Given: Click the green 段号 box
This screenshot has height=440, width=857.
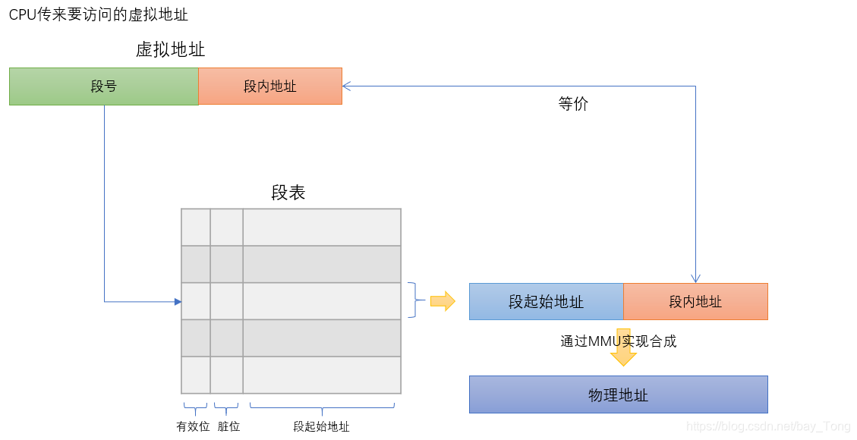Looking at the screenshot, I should click(x=103, y=86).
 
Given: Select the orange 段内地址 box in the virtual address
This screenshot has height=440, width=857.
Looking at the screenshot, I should click(x=269, y=86).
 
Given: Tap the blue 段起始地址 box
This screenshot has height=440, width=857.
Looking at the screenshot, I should click(x=546, y=302).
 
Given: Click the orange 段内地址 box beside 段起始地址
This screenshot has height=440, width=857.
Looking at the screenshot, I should click(x=695, y=302).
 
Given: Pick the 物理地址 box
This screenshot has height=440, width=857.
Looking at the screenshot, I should click(x=618, y=395).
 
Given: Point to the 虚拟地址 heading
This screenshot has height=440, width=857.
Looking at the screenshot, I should click(x=170, y=50).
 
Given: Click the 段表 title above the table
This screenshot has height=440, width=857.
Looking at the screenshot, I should click(x=288, y=193).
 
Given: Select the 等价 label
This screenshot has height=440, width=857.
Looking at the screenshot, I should click(x=573, y=105).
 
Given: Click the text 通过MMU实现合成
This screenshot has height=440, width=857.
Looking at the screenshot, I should click(x=618, y=341).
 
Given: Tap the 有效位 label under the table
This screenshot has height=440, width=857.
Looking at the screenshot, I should click(x=193, y=427).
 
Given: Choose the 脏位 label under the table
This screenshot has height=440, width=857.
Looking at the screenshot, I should click(x=228, y=427).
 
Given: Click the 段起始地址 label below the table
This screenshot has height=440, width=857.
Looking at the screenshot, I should click(x=321, y=427).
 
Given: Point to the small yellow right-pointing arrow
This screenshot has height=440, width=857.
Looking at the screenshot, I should click(x=443, y=301).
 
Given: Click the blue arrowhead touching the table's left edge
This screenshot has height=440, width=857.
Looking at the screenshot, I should click(x=178, y=302).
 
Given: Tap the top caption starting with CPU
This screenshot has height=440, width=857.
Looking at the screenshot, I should click(x=99, y=14).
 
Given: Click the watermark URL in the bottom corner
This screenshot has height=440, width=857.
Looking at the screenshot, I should click(x=767, y=427).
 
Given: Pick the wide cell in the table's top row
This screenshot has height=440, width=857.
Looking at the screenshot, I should click(x=321, y=228).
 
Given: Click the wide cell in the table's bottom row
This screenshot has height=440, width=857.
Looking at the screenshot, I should click(x=321, y=375).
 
